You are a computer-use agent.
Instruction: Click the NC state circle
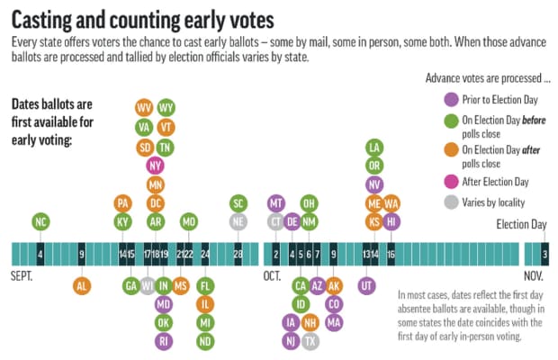click(40, 222)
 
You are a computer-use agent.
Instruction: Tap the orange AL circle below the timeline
click(82, 286)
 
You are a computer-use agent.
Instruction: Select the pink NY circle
click(155, 166)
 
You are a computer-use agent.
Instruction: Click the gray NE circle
click(238, 222)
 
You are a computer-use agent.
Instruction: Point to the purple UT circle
click(366, 286)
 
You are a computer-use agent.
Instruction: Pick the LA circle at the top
click(374, 147)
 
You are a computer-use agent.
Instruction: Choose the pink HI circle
click(391, 222)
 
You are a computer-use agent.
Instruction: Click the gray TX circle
click(310, 341)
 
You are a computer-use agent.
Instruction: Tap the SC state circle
click(238, 203)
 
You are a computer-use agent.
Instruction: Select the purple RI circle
click(163, 341)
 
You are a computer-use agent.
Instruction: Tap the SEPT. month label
click(22, 277)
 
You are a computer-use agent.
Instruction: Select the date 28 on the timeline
click(238, 255)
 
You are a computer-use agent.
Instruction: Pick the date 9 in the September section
click(82, 255)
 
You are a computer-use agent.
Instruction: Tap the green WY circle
click(166, 109)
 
